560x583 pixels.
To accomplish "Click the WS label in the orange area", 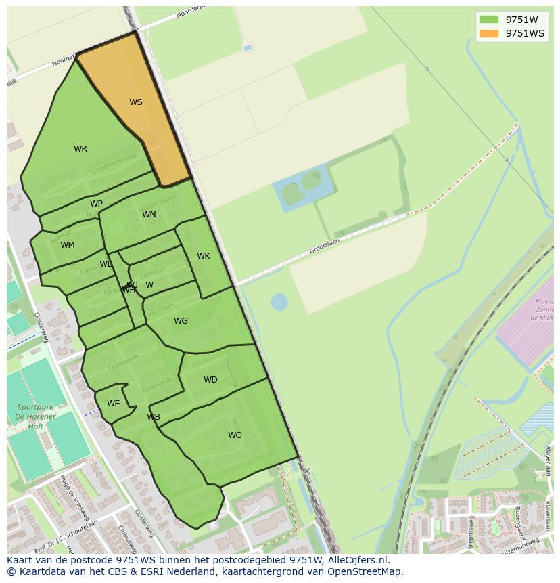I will tap(136, 102).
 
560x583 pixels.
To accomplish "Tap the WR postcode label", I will tap(80, 149).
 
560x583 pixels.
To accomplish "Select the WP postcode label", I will tap(96, 204).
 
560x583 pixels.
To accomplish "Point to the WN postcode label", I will tap(149, 215).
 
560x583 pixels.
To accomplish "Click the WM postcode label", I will tap(68, 245).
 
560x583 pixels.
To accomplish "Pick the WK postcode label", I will tap(204, 256).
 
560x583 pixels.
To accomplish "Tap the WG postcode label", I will tap(181, 321).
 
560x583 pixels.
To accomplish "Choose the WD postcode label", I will tap(210, 380).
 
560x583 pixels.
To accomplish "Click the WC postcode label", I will tap(235, 435).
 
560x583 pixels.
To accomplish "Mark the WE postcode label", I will tap(113, 404).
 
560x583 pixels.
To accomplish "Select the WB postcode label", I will tap(154, 417).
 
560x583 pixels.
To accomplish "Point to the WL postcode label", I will tap(106, 264).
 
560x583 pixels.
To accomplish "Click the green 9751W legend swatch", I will tap(488, 20).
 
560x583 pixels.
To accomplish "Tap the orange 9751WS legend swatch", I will tap(488, 33).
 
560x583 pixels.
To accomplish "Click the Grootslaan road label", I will tap(325, 245).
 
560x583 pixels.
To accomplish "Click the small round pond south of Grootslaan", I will tap(279, 301).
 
